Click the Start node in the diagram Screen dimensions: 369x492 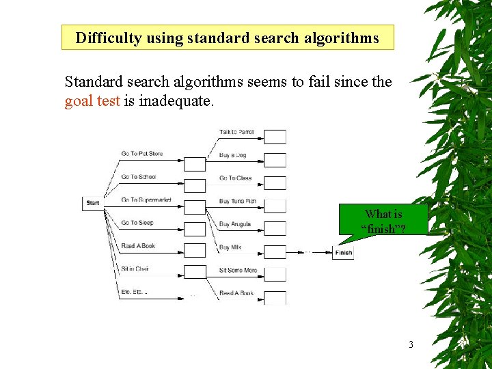pyautogui.click(x=93, y=203)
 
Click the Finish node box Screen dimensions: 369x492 pyautogui.click(x=343, y=253)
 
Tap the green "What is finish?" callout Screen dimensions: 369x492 pyautogui.click(x=383, y=221)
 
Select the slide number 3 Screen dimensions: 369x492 pyautogui.click(x=411, y=344)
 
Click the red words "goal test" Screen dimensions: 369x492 pyautogui.click(x=92, y=102)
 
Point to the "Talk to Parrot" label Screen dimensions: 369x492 pyautogui.click(x=236, y=132)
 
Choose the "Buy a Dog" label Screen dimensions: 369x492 pyautogui.click(x=232, y=155)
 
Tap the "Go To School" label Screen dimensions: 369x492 pyautogui.click(x=139, y=177)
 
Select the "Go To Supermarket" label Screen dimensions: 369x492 pyautogui.click(x=146, y=200)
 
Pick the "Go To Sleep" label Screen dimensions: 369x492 pyautogui.click(x=137, y=223)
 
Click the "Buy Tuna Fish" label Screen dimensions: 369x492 pyautogui.click(x=238, y=202)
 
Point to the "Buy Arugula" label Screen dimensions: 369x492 pyautogui.click(x=235, y=224)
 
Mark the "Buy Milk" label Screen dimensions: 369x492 pyautogui.click(x=231, y=247)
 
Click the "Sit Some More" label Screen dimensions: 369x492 pyautogui.click(x=238, y=271)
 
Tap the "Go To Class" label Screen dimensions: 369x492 pyautogui.click(x=235, y=178)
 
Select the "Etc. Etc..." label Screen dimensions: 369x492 pyautogui.click(x=134, y=292)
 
